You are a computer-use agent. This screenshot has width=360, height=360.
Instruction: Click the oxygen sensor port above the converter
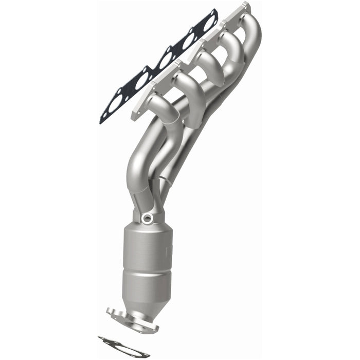pyautogui.click(x=148, y=219)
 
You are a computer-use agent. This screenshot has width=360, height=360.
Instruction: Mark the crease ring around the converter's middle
pyautogui.click(x=146, y=269)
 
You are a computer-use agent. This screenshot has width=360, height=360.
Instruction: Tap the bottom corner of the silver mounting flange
pyautogui.click(x=135, y=117)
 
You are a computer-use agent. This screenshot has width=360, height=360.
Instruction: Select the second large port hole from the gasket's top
pyautogui.click(x=187, y=41)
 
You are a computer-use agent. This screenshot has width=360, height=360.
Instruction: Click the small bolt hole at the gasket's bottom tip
pyautogui.click(x=105, y=115)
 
